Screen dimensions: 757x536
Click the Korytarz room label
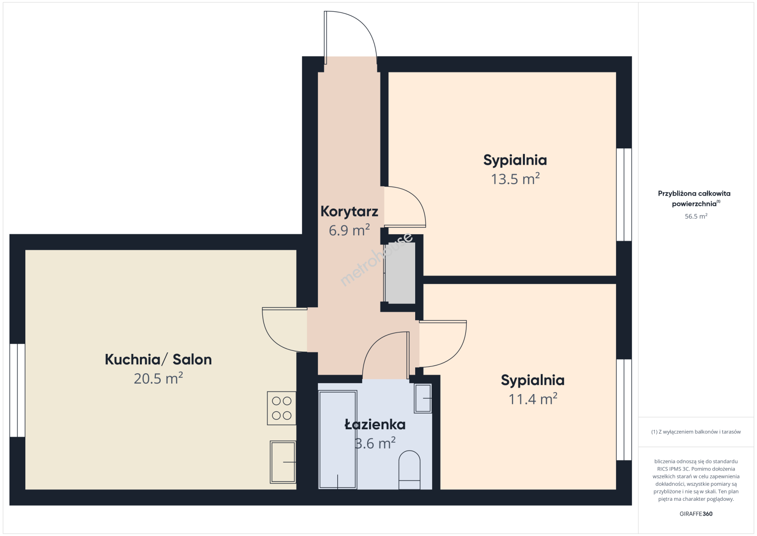(349, 212)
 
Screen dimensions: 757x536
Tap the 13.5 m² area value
(515, 179)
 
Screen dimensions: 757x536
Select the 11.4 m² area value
(533, 399)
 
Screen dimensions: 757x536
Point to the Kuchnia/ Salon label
(158, 359)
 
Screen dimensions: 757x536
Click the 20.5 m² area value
(158, 378)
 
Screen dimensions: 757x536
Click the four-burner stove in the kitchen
(281, 408)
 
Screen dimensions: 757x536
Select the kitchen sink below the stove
(283, 462)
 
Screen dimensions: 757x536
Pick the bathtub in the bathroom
(338, 440)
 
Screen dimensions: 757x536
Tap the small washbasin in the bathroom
(423, 399)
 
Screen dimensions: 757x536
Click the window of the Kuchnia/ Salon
(17, 390)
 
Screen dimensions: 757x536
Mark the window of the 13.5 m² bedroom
(624, 195)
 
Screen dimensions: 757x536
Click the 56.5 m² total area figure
(696, 216)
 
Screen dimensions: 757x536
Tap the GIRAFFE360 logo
(696, 514)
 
